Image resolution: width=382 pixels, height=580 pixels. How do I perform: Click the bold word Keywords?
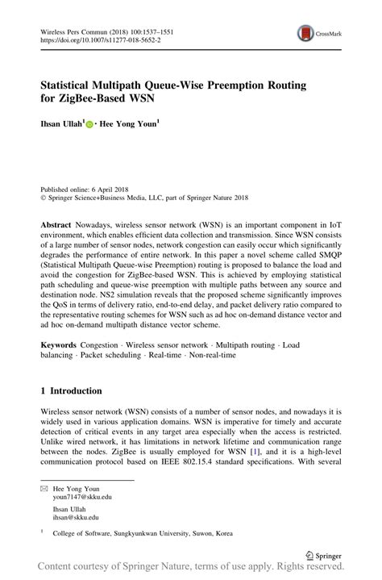pos(61,344)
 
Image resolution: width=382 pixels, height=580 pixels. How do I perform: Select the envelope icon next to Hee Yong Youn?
pos(44,488)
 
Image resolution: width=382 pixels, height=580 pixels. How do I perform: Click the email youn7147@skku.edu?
pos(82,498)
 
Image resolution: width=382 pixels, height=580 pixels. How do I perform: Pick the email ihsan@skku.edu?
pos(77,518)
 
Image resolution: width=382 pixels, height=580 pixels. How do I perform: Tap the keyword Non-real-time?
pos(211,355)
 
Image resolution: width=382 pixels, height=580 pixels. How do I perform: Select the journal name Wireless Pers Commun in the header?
pos(77,29)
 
